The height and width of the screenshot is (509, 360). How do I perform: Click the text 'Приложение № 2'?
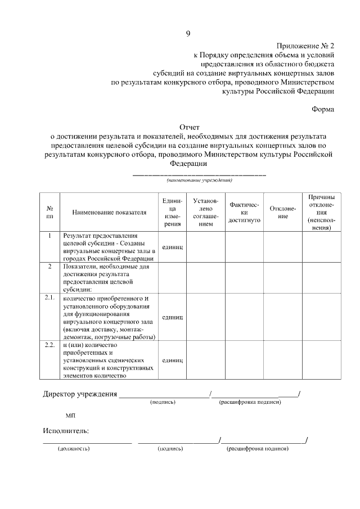305,46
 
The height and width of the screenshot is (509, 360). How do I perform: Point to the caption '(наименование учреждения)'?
199,181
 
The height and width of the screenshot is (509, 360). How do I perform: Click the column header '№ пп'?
50,212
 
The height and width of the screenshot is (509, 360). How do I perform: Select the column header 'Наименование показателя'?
109,213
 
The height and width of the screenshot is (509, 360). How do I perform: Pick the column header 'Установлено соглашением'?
206,212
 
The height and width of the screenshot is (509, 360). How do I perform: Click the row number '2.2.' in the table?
50,344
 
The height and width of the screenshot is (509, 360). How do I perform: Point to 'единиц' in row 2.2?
172,360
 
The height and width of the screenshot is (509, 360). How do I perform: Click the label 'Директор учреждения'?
80,394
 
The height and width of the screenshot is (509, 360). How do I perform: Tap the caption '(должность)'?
74,449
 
